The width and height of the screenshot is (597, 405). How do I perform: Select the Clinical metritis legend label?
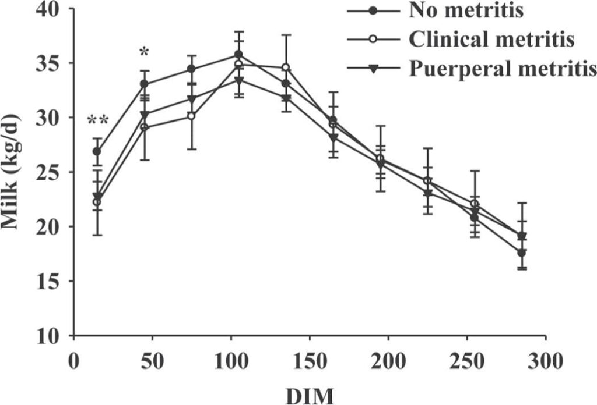pos(491,40)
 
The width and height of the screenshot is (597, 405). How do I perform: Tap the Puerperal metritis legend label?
pos(502,69)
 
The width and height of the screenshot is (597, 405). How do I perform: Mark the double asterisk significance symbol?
pos(97,120)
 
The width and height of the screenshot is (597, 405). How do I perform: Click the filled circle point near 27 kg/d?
pos(97,151)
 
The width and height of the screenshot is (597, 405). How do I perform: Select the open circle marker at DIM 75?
pos(191,116)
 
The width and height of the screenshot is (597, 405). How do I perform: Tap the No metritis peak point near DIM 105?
pos(238,54)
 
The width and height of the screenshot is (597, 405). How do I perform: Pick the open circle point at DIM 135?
pos(286,67)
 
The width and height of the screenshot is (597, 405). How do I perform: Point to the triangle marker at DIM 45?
pos(144,115)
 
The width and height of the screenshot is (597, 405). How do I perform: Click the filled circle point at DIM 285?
pos(522,253)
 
